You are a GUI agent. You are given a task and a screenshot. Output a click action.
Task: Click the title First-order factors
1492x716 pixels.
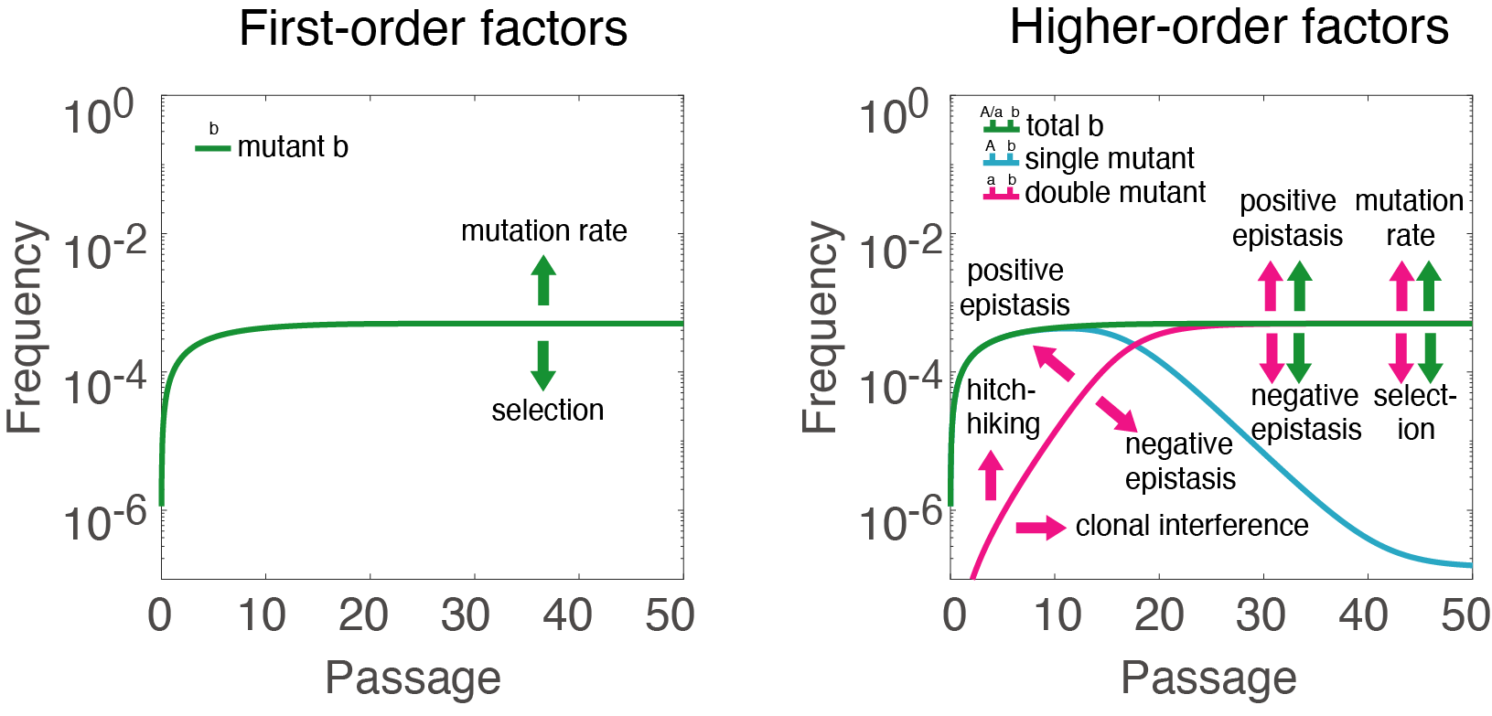click(x=433, y=28)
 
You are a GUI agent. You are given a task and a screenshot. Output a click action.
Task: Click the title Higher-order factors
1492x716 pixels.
click(x=1229, y=27)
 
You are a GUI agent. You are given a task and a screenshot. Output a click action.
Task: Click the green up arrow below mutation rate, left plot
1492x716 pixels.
click(x=543, y=280)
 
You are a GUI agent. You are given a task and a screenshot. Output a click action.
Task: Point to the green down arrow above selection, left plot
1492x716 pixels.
click(x=543, y=365)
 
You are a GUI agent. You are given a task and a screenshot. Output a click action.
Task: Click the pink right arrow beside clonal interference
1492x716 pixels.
click(x=1041, y=527)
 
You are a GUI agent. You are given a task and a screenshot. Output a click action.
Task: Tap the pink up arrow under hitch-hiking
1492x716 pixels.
click(x=991, y=476)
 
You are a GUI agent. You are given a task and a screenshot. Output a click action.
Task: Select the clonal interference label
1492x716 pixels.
click(x=1191, y=526)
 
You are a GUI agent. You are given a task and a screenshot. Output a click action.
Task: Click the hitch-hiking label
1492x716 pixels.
click(x=1003, y=407)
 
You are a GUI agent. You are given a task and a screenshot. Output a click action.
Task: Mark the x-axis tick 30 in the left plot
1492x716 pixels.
click(x=466, y=615)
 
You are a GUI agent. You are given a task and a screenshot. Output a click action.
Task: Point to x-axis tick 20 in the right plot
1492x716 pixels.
click(x=1159, y=615)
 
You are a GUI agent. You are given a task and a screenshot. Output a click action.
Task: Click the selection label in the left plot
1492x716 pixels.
click(x=547, y=411)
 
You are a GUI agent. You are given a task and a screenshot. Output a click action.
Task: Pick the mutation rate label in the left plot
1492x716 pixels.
click(x=543, y=231)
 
